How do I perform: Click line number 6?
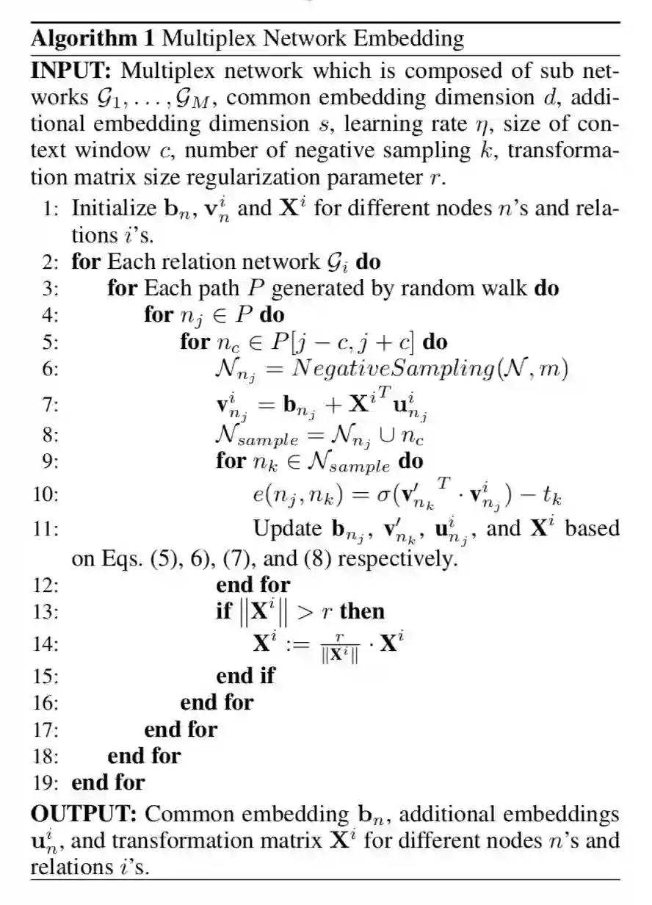point(49,369)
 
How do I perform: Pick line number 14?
point(46,645)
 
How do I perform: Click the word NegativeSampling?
point(392,369)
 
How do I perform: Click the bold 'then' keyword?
point(362,611)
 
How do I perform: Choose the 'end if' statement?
point(245,674)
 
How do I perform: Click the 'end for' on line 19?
point(108,782)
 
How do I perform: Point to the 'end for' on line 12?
point(253,585)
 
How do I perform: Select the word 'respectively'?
point(397,559)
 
